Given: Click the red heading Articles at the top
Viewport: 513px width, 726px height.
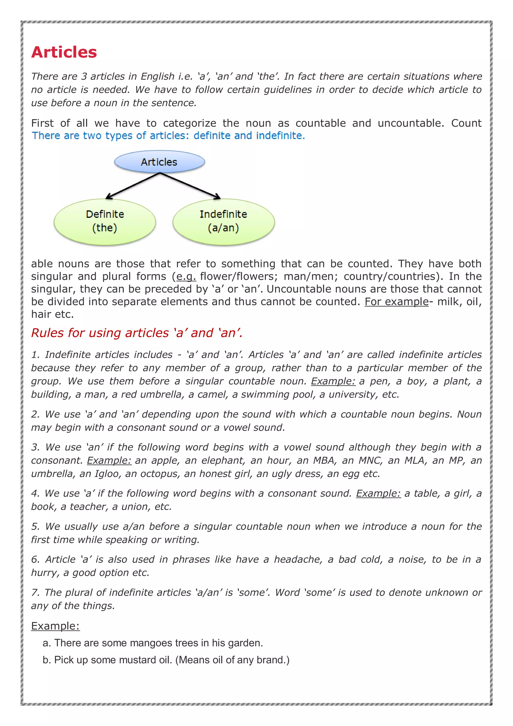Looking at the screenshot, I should point(64,52).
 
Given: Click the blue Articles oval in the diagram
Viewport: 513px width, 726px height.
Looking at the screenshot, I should point(159,162).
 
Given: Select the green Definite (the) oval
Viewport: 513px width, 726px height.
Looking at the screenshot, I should point(105,221).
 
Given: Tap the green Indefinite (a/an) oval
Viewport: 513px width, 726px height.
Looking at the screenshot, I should point(223,221).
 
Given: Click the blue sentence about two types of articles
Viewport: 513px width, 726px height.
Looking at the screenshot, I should point(168,136).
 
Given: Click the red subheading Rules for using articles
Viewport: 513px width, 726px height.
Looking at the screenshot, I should point(137,333).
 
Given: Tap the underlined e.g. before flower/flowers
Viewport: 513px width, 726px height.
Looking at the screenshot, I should point(186,276).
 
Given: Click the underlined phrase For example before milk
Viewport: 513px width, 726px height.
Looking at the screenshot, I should point(396,302).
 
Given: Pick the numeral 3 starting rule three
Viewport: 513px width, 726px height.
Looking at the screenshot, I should point(35,447).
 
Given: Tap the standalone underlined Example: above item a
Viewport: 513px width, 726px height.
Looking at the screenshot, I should point(55,626).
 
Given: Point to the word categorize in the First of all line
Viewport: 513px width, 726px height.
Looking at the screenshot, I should point(189,123).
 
